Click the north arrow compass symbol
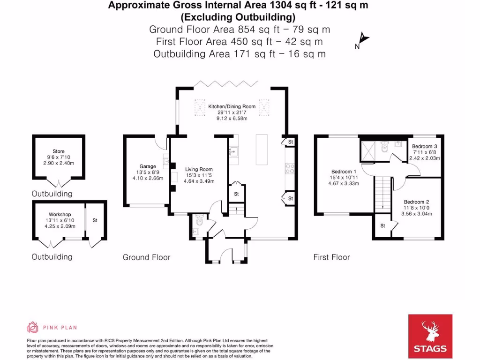(x=362, y=41)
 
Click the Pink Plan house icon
(x=33, y=327)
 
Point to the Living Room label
(x=199, y=169)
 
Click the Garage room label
(x=148, y=166)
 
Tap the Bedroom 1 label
(x=344, y=171)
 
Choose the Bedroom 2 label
(x=417, y=202)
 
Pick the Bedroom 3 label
(x=424, y=146)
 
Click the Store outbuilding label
(x=59, y=151)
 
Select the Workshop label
(x=60, y=214)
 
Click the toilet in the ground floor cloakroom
(x=200, y=218)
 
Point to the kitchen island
(x=262, y=150)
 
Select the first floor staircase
(x=383, y=193)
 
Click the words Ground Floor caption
(x=146, y=257)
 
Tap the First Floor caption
(x=331, y=257)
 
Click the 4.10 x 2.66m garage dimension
(x=148, y=178)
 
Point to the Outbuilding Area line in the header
(x=240, y=54)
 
